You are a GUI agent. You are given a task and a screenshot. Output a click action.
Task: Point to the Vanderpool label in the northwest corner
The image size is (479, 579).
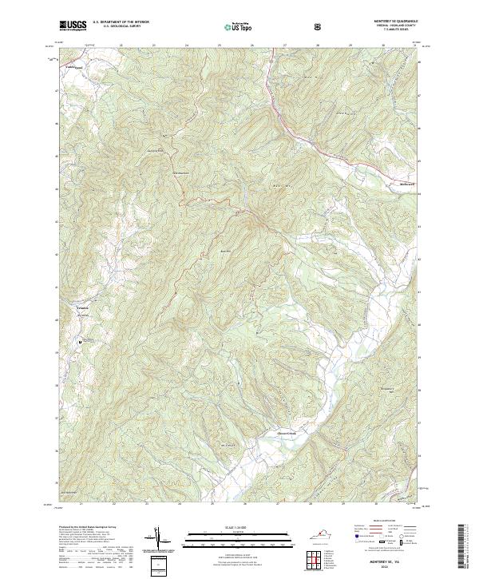tap(73, 69)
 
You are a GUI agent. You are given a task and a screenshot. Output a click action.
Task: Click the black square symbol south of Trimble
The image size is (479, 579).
tap(80, 342)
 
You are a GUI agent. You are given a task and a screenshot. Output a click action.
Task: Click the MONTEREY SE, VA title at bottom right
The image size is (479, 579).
tap(389, 563)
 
